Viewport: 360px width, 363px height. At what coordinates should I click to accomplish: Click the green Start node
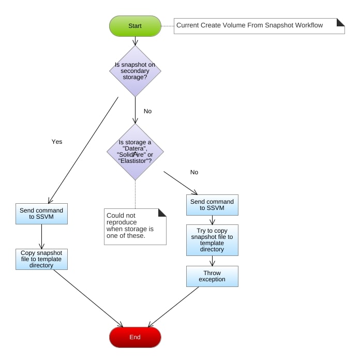(x=135, y=26)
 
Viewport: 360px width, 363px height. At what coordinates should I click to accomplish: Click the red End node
(x=135, y=337)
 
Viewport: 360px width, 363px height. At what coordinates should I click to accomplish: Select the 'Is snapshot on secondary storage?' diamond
(x=135, y=71)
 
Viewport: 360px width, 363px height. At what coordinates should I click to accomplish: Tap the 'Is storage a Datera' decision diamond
(x=135, y=152)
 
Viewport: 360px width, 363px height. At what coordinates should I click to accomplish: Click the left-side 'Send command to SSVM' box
(x=41, y=214)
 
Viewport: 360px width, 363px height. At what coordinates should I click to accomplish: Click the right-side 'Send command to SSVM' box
(x=212, y=205)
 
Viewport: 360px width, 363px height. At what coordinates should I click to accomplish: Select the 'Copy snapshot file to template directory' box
(x=41, y=259)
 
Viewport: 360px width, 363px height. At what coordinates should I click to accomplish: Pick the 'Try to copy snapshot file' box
(x=212, y=240)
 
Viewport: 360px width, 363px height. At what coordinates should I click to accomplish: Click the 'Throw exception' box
(x=212, y=276)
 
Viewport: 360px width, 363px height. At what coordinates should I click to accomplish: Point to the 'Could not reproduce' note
(x=135, y=226)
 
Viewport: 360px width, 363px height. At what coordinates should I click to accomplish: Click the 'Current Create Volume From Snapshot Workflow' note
(x=259, y=25)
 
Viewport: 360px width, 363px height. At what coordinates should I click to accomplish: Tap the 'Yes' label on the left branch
(x=57, y=141)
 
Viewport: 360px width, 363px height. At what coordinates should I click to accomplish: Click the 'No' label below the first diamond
(x=147, y=111)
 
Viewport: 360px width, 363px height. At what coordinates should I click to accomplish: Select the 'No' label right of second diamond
(x=194, y=172)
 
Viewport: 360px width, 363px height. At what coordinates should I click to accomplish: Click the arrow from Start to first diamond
(x=135, y=41)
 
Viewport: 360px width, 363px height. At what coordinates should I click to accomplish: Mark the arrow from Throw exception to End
(x=173, y=307)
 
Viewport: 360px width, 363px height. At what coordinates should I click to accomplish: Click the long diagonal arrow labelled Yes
(x=83, y=150)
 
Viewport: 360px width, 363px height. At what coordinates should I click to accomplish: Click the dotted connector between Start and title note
(x=167, y=25)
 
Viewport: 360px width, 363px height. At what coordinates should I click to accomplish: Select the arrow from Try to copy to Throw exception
(x=212, y=261)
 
